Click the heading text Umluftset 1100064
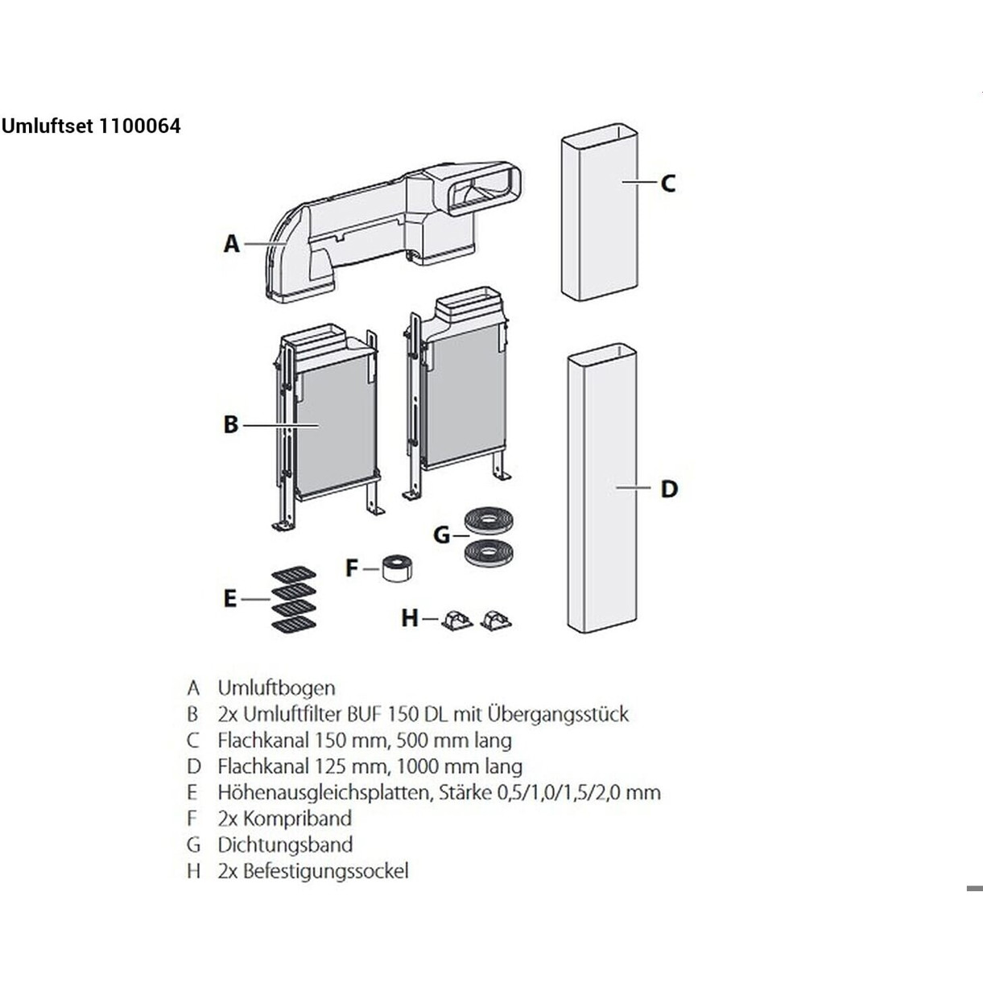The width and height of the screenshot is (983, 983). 91,126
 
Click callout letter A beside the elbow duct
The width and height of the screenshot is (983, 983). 231,243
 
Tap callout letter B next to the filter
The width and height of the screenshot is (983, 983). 231,424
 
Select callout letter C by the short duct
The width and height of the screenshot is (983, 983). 667,184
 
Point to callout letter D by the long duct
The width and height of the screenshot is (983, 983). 669,489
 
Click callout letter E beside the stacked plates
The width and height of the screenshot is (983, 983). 230,599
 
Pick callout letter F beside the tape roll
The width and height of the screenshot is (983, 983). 351,568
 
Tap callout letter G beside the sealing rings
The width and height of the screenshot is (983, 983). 441,535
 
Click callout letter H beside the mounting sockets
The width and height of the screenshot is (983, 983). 410,618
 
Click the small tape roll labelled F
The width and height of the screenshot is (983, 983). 397,568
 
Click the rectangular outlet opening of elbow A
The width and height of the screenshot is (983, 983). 484,193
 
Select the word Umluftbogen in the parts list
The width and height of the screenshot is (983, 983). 276,688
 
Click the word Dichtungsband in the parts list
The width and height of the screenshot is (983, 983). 285,845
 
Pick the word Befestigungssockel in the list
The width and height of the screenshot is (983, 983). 325,871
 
